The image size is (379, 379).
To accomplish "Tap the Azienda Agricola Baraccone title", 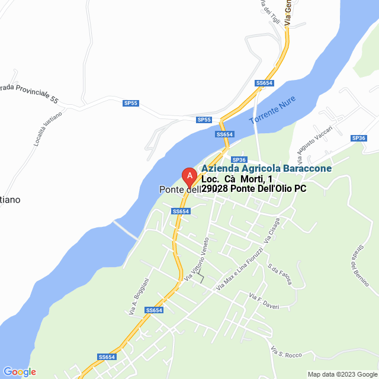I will pyautogui.click(x=266, y=169).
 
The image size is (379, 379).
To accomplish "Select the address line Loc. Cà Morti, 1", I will pyautogui.click(x=237, y=179).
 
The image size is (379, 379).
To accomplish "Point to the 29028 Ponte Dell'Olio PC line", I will pyautogui.click(x=253, y=189).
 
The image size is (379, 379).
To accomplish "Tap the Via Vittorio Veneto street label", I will pyautogui.click(x=197, y=259).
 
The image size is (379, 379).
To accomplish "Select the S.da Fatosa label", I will pyautogui.click(x=280, y=274).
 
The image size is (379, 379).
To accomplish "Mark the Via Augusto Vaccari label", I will pyautogui.click(x=314, y=144).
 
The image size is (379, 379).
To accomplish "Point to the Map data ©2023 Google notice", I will pyautogui.click(x=342, y=374).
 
